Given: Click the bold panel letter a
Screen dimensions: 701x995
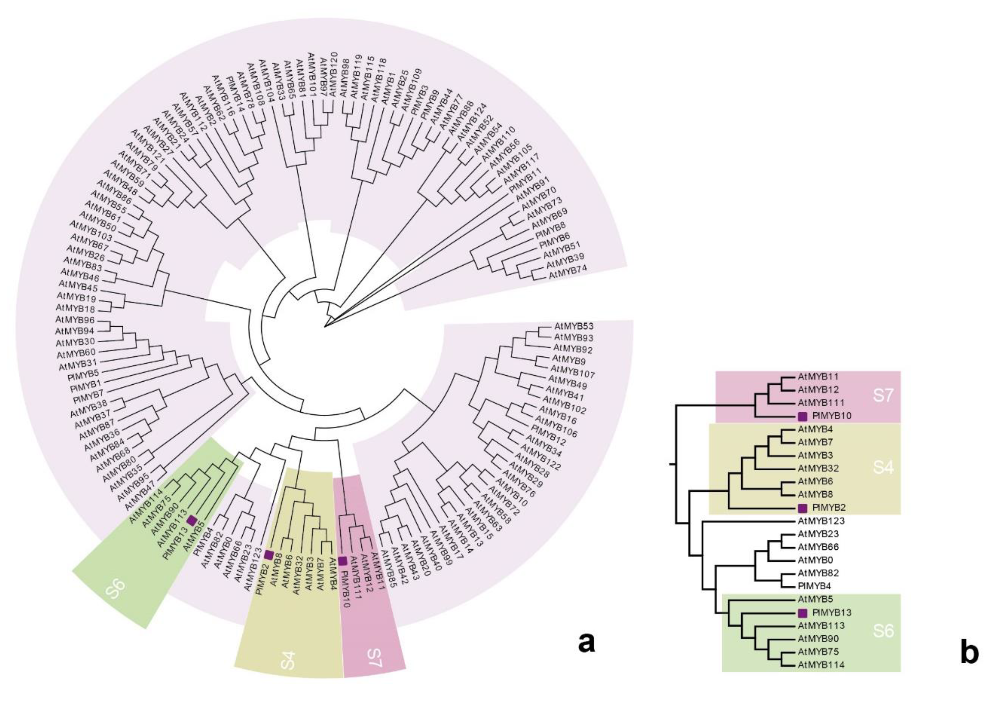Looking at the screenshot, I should [586, 642].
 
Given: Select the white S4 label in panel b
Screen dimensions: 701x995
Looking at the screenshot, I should [883, 467].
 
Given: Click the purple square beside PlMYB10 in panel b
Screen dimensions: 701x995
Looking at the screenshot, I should [802, 416].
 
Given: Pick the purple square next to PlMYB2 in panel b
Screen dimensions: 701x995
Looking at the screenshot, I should [802, 508].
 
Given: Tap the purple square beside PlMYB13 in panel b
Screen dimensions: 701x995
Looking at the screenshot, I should [802, 613].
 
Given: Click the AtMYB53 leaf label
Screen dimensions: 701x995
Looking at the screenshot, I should [574, 326].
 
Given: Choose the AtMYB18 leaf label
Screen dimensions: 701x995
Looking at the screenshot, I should [75, 308].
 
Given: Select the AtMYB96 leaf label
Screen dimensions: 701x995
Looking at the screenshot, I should [75, 320].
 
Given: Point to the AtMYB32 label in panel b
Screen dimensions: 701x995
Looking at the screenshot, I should [818, 468].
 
